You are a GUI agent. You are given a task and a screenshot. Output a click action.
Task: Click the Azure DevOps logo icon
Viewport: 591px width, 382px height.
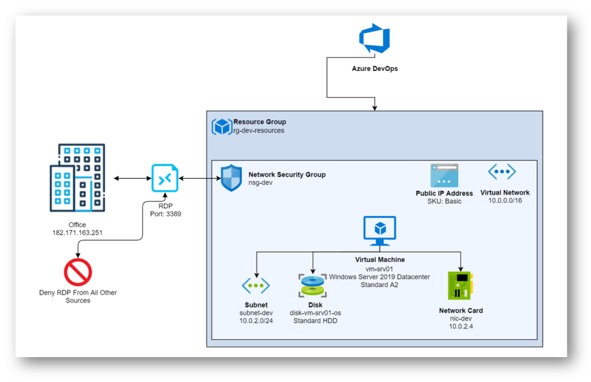[x=374, y=39]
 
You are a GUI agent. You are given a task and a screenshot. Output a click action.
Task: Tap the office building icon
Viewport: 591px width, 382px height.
[x=77, y=177]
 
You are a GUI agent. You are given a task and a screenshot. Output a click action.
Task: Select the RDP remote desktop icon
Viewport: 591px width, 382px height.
[x=165, y=178]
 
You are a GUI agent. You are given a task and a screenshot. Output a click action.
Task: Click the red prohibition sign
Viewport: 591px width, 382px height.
[x=78, y=272]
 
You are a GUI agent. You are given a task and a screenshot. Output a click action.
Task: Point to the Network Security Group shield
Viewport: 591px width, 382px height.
[x=231, y=178]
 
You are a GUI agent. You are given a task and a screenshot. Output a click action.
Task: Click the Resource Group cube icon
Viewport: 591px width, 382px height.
[x=222, y=126]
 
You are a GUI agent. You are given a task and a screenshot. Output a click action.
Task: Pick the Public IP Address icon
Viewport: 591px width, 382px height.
[x=444, y=175]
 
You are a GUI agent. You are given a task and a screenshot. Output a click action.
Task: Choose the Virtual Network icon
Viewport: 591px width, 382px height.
[x=502, y=172]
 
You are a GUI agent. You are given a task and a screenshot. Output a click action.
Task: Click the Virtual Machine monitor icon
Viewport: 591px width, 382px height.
[x=380, y=231]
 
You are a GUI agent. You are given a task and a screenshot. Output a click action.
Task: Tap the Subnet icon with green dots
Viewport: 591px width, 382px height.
[x=256, y=286]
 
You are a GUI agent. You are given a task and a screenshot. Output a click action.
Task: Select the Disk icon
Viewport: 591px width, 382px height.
[x=312, y=286]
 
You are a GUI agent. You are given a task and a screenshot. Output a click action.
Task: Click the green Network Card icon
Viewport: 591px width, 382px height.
[x=460, y=286]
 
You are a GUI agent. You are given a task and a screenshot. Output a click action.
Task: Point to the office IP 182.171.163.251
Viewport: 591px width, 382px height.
[x=77, y=233]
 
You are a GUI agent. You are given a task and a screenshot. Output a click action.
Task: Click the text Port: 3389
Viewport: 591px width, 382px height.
[x=166, y=214]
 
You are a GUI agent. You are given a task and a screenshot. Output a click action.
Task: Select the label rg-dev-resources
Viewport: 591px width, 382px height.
[x=259, y=130]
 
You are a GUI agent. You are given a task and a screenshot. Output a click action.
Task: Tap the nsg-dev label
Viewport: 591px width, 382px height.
[x=260, y=183]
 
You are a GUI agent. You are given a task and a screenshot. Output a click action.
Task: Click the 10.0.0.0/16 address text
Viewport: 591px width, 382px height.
[x=505, y=200]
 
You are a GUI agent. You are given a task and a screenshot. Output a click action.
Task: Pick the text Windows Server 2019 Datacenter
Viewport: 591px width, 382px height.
[x=379, y=277]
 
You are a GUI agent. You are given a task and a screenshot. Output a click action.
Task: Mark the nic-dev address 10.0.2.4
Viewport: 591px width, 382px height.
[x=461, y=326]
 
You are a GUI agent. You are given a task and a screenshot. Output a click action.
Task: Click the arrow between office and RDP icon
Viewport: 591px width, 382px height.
[x=132, y=178]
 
